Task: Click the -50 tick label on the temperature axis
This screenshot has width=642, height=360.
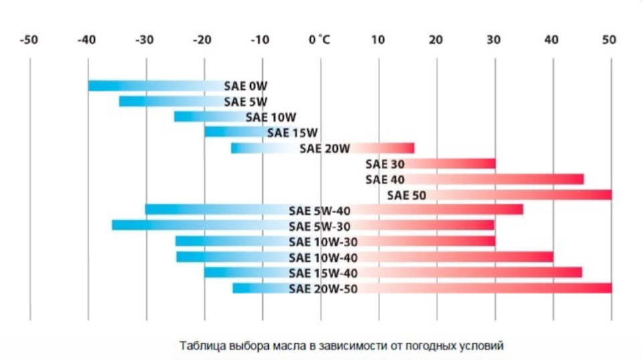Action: tap(29, 40)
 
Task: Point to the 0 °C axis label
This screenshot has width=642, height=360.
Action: tap(320, 40)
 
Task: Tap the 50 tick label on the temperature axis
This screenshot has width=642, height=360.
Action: tap(609, 40)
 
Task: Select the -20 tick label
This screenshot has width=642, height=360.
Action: tap(203, 40)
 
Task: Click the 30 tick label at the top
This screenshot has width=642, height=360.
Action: tap(493, 40)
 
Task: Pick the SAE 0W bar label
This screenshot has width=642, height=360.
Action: tap(246, 86)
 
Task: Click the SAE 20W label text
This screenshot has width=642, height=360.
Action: tap(325, 149)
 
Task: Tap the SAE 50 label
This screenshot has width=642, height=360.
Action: tap(407, 195)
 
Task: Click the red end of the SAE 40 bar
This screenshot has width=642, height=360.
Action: tap(579, 179)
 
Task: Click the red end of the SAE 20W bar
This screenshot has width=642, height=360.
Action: tap(410, 149)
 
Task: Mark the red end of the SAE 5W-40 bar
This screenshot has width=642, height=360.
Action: tap(519, 210)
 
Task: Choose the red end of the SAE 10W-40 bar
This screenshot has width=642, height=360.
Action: tap(549, 257)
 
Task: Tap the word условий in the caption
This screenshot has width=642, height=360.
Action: tap(483, 346)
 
